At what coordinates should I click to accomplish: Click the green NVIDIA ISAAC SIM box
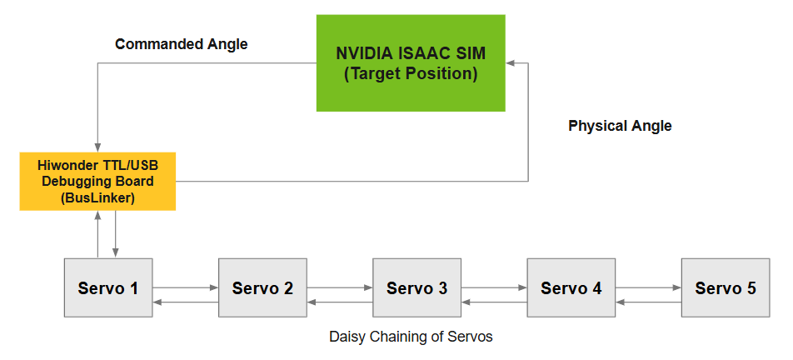(411, 63)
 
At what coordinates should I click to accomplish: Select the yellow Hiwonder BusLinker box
(97, 181)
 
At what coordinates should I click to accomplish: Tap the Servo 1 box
(108, 287)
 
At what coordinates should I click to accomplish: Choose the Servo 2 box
(262, 287)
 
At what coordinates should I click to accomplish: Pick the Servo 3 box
(416, 287)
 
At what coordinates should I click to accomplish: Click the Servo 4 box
(571, 287)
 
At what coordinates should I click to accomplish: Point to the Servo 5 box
(726, 287)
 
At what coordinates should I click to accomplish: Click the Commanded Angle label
(182, 44)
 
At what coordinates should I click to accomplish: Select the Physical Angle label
(620, 126)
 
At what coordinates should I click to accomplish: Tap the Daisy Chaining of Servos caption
(411, 336)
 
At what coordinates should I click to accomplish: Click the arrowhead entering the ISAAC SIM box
(510, 63)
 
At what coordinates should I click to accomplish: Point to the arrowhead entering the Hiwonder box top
(97, 147)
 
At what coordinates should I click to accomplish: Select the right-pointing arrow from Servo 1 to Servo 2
(186, 287)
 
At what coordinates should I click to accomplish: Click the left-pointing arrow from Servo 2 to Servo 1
(186, 302)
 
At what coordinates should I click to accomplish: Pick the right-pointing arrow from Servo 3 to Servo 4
(494, 287)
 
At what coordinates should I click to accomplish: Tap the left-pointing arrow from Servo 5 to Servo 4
(648, 302)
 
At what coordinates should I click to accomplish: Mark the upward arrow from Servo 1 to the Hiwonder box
(97, 234)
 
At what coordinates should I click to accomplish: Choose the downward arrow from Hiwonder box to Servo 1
(116, 234)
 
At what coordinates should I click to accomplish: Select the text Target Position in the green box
(411, 74)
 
